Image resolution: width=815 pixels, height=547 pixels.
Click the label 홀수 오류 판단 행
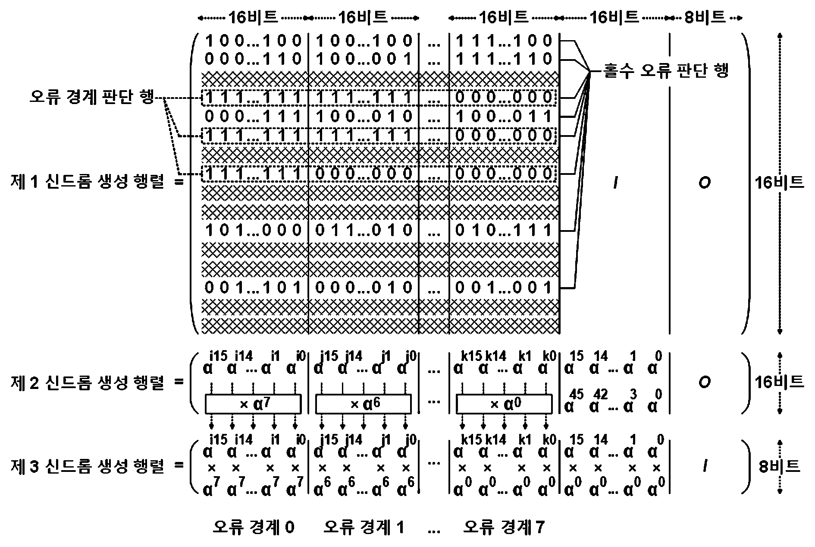coord(666,70)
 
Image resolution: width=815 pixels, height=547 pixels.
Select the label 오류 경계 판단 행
coord(91,97)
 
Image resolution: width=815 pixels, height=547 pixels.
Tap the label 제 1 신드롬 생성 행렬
coord(87,182)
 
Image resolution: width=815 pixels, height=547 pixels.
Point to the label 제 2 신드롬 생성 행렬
coord(87,382)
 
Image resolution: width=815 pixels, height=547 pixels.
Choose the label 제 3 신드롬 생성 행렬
coord(87,466)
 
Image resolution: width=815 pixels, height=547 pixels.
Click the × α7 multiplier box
coord(253,405)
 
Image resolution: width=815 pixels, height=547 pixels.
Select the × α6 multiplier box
coord(364,405)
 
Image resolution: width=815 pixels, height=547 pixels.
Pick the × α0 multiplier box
coord(504,405)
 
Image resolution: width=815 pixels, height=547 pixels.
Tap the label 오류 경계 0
coord(254,527)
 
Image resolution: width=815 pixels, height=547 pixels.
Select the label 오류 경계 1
coord(364,527)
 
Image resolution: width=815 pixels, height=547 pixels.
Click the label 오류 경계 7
coord(504,527)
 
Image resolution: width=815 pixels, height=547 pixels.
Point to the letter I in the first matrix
coord(615,183)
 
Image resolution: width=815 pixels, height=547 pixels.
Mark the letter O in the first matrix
coord(704,183)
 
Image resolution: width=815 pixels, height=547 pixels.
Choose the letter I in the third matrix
coord(704,466)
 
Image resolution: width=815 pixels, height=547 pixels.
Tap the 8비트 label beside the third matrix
coord(779,466)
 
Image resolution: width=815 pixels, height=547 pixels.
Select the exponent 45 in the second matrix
coord(577,394)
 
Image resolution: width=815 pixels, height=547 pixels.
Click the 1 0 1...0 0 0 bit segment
coord(254,230)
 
